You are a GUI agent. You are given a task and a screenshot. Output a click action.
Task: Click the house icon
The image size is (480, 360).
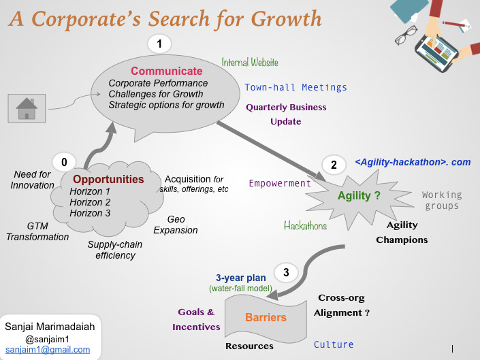(x=27, y=108)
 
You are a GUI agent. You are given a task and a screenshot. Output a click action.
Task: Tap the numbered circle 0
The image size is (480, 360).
(x=64, y=162)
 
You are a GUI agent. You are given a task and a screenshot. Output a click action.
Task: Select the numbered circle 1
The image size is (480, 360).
(x=159, y=44)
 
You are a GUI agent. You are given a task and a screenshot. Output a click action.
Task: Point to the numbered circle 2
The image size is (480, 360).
(x=334, y=165)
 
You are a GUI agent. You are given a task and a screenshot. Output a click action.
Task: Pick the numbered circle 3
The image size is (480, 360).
(x=286, y=272)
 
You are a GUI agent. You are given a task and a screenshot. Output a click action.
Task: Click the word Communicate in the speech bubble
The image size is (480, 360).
(x=167, y=71)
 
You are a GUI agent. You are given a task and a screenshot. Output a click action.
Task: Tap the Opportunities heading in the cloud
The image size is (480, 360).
(x=108, y=179)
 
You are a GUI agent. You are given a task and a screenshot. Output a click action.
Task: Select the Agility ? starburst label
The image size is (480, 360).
(x=359, y=195)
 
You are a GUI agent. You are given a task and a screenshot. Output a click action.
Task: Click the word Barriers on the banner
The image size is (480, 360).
(x=266, y=318)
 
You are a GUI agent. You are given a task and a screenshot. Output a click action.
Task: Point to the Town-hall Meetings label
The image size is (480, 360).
(x=295, y=88)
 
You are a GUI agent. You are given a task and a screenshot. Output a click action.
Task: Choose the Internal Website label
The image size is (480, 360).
(x=250, y=63)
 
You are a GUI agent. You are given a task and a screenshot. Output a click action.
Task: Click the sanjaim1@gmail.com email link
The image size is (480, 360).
(x=48, y=350)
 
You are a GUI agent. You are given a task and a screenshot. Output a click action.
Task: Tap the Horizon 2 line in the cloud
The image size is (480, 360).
(x=90, y=202)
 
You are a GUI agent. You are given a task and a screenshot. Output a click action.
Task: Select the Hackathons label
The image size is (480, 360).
(x=305, y=226)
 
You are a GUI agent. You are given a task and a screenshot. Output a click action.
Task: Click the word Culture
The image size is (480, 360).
(x=334, y=345)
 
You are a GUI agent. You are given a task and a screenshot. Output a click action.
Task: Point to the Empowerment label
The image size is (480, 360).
(x=280, y=183)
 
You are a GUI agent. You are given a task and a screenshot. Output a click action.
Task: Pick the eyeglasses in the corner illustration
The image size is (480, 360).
(x=406, y=35)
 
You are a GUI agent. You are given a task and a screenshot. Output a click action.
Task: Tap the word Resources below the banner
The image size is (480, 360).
(x=249, y=346)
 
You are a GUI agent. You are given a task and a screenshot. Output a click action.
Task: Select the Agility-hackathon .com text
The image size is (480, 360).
(x=413, y=162)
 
